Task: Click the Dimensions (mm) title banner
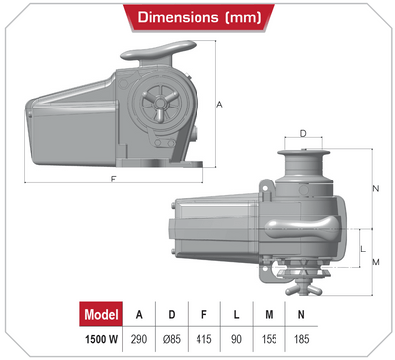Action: click(199, 18)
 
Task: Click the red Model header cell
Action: click(102, 314)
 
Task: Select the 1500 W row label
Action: click(102, 339)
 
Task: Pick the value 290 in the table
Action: click(139, 339)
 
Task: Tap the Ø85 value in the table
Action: click(172, 339)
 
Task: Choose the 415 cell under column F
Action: click(203, 339)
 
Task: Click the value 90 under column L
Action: click(236, 339)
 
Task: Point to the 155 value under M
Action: click(269, 339)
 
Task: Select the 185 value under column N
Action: click(301, 339)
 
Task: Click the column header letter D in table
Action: click(172, 315)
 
